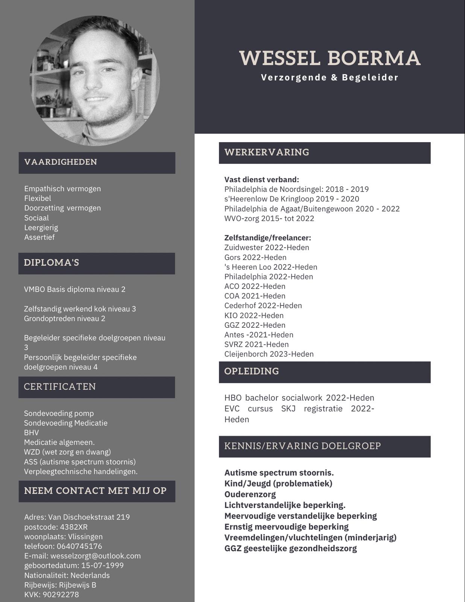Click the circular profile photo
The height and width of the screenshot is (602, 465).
pyautogui.click(x=95, y=81)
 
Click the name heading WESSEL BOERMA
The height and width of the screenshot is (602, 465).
pyautogui.click(x=330, y=58)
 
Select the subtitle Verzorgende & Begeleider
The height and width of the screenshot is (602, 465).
pyautogui.click(x=330, y=78)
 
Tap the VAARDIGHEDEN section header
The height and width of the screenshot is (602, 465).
pyautogui.click(x=61, y=162)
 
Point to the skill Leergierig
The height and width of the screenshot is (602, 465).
pyautogui.click(x=41, y=228)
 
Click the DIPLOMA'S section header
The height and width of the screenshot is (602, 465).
pyautogui.click(x=52, y=263)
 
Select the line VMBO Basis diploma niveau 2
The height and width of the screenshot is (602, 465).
pyautogui.click(x=74, y=289)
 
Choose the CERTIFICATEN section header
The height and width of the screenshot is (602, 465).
pyautogui.click(x=60, y=387)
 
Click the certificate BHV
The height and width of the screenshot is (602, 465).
pyautogui.click(x=31, y=433)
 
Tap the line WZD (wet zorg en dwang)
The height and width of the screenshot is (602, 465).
pyautogui.click(x=67, y=452)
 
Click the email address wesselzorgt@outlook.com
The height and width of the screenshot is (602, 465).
pyautogui.click(x=96, y=556)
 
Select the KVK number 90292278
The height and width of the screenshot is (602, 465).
pyautogui.click(x=61, y=595)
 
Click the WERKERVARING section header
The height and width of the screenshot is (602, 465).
pyautogui.click(x=267, y=152)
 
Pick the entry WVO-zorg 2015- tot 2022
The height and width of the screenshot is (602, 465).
pyautogui.click(x=269, y=219)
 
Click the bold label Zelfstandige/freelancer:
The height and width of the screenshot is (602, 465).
pyautogui.click(x=267, y=238)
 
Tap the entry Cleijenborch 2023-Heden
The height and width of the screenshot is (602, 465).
pyautogui.click(x=269, y=354)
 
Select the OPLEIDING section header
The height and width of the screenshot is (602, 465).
pyautogui.click(x=251, y=371)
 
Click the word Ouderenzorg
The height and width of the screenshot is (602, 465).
pyautogui.click(x=250, y=494)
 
